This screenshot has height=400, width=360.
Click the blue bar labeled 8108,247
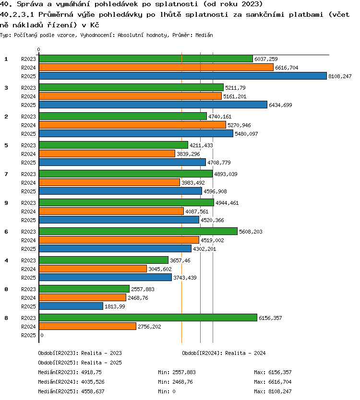pyautogui.click(x=183, y=76)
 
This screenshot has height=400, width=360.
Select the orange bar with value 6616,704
pyautogui.click(x=156, y=67)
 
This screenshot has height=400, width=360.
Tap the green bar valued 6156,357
pyautogui.click(x=148, y=318)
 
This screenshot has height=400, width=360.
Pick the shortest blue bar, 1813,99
pyautogui.click(x=71, y=306)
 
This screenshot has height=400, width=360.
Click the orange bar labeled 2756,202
pyautogui.click(x=87, y=326)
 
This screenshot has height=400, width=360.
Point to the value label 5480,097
pyautogui.click(x=246, y=134)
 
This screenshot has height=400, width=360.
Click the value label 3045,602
pyautogui.click(x=160, y=269)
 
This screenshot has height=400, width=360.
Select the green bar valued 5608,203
pyautogui.click(x=138, y=231)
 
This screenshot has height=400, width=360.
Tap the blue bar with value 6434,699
pyautogui.click(x=153, y=105)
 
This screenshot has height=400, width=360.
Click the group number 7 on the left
pyautogui.click(x=6, y=174)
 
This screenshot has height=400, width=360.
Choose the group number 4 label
pyautogui.click(x=6, y=260)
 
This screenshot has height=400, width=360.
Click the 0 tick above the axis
pyautogui.click(x=38, y=49)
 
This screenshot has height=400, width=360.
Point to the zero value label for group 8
pyautogui.click(x=42, y=335)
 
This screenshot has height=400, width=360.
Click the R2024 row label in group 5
pyautogui.click(x=28, y=154)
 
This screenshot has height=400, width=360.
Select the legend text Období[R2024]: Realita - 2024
pyautogui.click(x=224, y=353)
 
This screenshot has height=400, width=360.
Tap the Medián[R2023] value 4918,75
pyautogui.click(x=91, y=372)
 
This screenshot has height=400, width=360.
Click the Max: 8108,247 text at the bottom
pyautogui.click(x=273, y=391)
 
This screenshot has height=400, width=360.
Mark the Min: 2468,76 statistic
pyautogui.click(x=175, y=382)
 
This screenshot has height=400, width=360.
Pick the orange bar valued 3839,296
pyautogui.click(x=107, y=153)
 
